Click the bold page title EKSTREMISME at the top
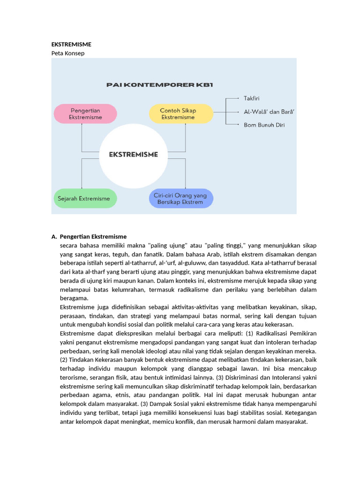click(x=71, y=44)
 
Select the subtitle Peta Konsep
click(x=68, y=53)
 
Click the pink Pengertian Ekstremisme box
click(x=85, y=114)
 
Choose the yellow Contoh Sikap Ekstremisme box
click(x=180, y=114)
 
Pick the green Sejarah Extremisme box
click(x=85, y=198)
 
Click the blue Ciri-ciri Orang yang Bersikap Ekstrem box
click(x=180, y=198)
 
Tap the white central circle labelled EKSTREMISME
click(x=133, y=154)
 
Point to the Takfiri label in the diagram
click(x=251, y=98)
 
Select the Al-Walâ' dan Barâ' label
click(x=269, y=112)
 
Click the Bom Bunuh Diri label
click(x=264, y=125)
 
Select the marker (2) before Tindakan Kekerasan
click(x=64, y=360)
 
